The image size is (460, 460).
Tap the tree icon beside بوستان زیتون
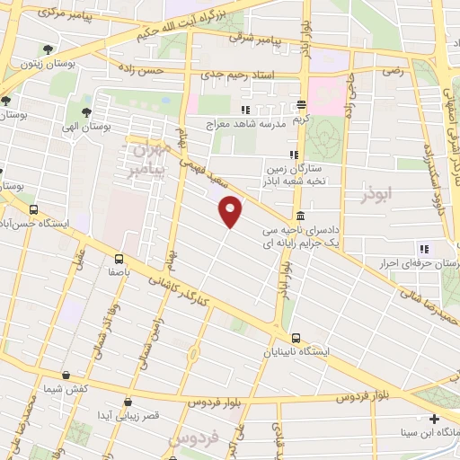[48, 50]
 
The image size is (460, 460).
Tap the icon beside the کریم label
[302, 105]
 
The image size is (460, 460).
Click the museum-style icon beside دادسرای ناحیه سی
[298, 217]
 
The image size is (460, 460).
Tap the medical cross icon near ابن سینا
[434, 419]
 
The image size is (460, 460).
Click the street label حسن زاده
[170, 68]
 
